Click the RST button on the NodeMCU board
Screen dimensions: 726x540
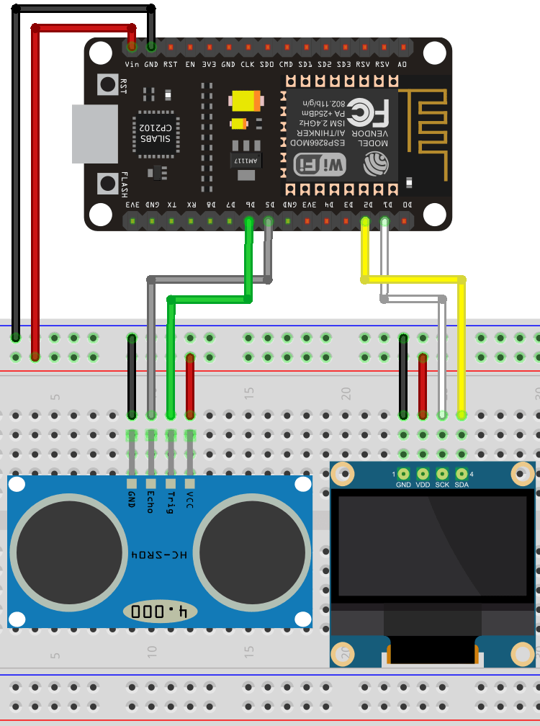click(108, 85)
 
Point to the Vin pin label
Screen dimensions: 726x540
click(132, 64)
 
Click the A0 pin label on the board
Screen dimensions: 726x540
click(402, 64)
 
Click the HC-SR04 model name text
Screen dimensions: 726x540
click(160, 555)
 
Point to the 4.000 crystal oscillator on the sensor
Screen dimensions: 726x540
click(160, 612)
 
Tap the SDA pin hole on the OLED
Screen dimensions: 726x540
click(462, 473)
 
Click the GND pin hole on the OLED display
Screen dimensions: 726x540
click(403, 473)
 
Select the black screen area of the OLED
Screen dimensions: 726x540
click(432, 547)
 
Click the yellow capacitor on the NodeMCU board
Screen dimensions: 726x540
click(245, 102)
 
